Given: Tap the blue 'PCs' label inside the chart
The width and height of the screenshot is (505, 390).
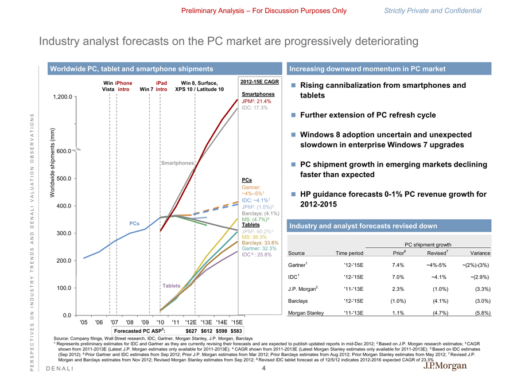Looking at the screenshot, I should coord(135,223).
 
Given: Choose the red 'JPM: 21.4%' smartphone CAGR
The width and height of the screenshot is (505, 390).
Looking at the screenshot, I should coord(257,101).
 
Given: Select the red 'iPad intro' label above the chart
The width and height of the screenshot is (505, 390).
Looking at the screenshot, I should coord(161,86).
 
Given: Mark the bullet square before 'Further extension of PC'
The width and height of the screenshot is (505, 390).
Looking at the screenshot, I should coord(292,114).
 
